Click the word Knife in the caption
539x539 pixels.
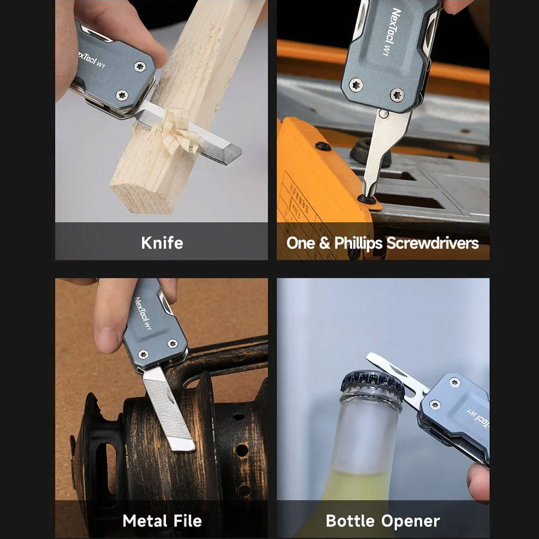tap(162, 243)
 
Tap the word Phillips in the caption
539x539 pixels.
tap(358, 243)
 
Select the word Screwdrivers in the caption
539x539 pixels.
tap(432, 243)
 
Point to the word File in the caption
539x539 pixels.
tap(187, 520)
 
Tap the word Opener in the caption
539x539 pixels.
tap(410, 522)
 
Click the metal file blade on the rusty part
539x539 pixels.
tap(168, 408)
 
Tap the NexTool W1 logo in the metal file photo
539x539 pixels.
tap(143, 313)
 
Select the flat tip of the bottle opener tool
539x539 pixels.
tap(371, 357)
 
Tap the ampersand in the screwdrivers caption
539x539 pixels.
tap(325, 243)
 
